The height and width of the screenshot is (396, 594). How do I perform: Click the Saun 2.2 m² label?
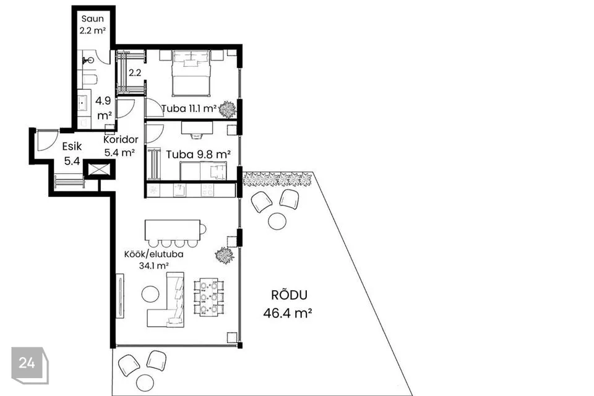(92, 25)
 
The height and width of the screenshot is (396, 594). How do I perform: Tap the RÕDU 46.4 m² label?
(288, 304)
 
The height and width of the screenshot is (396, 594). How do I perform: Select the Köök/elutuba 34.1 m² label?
(154, 260)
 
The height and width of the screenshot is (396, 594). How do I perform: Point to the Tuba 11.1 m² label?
(189, 109)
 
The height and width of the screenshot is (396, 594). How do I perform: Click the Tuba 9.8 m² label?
(199, 155)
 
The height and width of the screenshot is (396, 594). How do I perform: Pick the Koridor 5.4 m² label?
(121, 146)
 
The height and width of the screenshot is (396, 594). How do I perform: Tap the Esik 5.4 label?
(72, 153)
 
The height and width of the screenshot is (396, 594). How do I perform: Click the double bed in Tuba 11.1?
(191, 73)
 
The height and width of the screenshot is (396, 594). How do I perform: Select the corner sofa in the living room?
(166, 299)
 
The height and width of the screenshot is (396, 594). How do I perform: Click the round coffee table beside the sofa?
(151, 294)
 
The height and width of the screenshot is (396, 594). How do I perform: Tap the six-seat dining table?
(209, 297)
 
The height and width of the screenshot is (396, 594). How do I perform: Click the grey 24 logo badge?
(30, 365)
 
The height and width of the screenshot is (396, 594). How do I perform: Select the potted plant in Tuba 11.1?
(228, 110)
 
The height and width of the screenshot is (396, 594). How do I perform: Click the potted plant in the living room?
(224, 255)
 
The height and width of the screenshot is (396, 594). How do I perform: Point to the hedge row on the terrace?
(277, 179)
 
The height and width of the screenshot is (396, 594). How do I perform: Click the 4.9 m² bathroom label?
(103, 108)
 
